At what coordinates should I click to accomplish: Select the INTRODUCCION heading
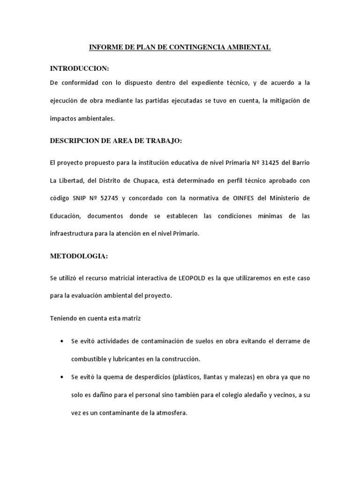click(x=79, y=68)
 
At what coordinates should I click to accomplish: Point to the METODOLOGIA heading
click(x=79, y=256)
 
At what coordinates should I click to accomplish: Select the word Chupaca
click(x=151, y=180)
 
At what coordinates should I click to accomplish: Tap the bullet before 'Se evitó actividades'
click(x=62, y=341)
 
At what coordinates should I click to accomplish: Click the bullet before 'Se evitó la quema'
click(x=62, y=377)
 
